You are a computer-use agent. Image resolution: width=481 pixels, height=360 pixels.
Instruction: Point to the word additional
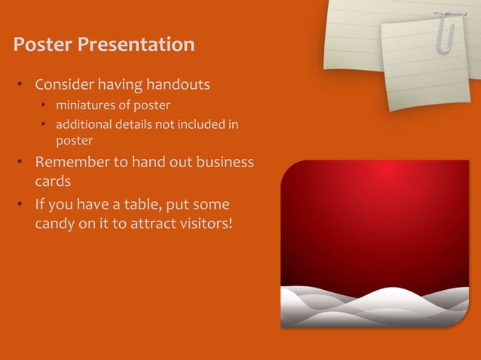(83, 124)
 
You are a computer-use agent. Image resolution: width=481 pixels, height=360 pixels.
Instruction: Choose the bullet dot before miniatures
(44, 105)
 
